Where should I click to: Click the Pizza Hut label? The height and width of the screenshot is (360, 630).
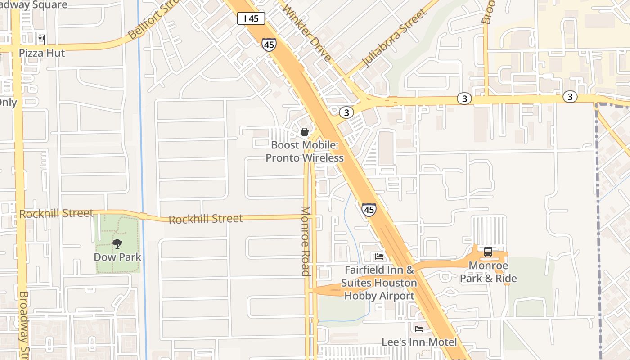point(42,53)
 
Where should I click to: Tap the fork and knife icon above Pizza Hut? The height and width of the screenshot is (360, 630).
point(42,40)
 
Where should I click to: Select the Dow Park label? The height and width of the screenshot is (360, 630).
point(117,257)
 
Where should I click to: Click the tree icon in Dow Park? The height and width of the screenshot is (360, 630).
point(117,244)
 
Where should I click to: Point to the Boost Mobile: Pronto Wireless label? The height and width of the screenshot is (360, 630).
point(305,152)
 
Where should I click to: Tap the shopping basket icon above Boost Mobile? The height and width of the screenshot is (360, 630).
point(305,132)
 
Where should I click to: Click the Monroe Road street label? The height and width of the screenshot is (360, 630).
point(306,241)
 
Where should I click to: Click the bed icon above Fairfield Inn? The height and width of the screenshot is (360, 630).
point(379,256)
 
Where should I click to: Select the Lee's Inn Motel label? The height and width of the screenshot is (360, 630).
point(419,342)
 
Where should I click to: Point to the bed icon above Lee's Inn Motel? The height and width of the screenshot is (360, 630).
point(419,329)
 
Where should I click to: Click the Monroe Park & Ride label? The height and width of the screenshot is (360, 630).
point(488,272)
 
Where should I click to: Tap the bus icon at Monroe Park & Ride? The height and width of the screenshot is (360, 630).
point(488,252)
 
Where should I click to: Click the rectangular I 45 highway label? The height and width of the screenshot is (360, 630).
point(251,18)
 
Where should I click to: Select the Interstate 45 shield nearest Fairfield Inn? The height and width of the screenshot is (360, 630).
point(369,210)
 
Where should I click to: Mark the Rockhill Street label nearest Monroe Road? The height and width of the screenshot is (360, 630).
point(206,219)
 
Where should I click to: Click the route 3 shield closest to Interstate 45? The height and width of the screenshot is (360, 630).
point(346,112)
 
